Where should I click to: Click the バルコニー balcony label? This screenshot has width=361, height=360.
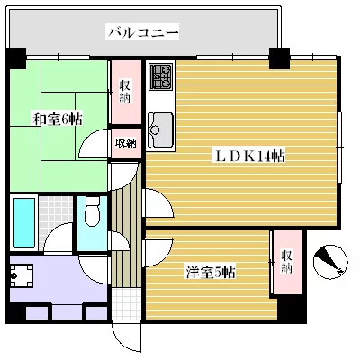pos(143,32)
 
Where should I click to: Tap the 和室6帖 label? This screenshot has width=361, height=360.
pos(57,120)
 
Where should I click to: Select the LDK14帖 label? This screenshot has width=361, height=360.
pos(248,156)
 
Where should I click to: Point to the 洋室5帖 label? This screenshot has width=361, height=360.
pos(211,272)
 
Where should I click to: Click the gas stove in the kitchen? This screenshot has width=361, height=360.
pos(160,76)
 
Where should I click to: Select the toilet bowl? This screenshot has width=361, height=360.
pos(92,211)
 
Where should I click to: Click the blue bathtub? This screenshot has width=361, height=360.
pos(23,222)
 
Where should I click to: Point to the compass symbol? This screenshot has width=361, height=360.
pos(330,262)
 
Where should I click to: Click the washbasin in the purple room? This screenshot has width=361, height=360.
pos(21,275)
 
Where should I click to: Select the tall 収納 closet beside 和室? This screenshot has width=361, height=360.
pos(126,92)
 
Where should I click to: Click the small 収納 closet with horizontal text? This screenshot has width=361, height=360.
pos(126,143)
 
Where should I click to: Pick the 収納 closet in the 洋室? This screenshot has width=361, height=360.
pos(287,262)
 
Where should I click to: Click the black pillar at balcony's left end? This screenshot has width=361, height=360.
pos(16,58)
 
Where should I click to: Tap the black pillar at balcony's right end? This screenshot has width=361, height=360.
pos(279,58)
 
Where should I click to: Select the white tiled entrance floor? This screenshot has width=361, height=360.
pos(126,304)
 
